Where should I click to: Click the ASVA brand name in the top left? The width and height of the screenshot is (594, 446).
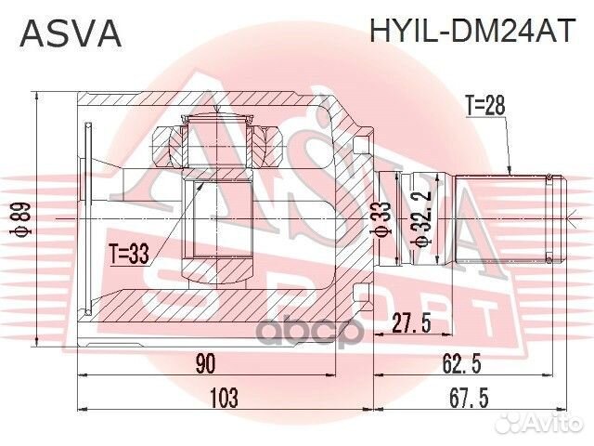pos(71,34)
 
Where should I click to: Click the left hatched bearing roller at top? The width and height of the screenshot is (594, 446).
pos(167,144)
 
